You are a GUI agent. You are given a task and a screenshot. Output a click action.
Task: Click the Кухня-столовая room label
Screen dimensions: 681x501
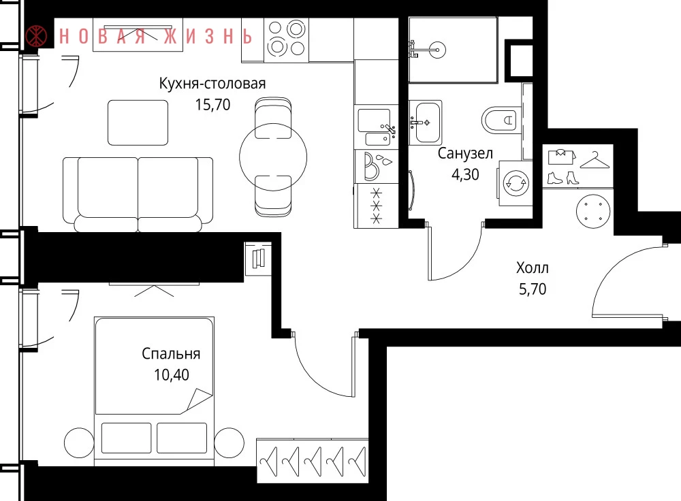tap(212, 83)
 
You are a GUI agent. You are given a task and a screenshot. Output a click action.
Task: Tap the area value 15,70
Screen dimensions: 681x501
tap(212, 105)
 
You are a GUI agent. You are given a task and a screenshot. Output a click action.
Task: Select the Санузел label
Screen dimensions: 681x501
tap(465, 153)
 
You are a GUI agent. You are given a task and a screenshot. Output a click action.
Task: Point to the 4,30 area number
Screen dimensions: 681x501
tap(465, 174)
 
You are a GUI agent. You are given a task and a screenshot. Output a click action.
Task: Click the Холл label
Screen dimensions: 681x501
tap(533, 268)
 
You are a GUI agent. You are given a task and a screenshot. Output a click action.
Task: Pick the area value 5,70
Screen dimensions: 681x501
tap(533, 289)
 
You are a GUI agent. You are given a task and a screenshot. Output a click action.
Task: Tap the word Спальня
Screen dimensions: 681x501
tap(171, 354)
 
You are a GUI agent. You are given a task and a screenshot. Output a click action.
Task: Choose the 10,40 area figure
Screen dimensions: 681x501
tap(172, 374)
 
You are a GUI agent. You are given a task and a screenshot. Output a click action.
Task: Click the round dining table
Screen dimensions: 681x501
tap(273, 157)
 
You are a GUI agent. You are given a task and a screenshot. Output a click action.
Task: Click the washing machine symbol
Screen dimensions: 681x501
tap(516, 183)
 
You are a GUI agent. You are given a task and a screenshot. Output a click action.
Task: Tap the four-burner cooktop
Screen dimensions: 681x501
tap(286, 39)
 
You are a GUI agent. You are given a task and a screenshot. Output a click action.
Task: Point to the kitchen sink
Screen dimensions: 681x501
tap(376, 127)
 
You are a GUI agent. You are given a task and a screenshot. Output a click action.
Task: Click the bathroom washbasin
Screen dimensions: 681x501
tap(426, 123)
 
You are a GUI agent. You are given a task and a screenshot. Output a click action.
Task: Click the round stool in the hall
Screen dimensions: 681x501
tap(593, 211)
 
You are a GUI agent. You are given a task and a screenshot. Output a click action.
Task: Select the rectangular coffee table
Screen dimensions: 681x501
tap(138, 123)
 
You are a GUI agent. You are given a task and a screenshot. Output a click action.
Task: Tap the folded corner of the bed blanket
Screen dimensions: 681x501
tap(198, 400)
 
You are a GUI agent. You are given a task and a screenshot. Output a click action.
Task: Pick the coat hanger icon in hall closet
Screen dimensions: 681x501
tap(595, 160)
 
